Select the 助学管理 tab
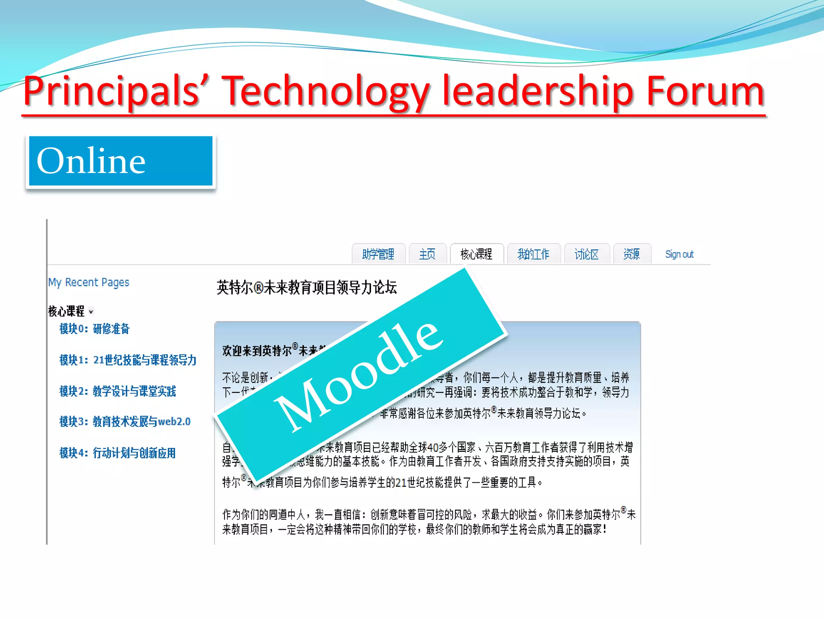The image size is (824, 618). (x=378, y=254)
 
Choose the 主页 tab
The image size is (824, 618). (x=427, y=254)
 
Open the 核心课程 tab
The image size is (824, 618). (x=476, y=254)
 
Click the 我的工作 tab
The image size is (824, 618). (x=534, y=254)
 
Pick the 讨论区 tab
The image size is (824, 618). (x=587, y=254)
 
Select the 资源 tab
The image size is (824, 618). (x=632, y=254)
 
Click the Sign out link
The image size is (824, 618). (x=679, y=254)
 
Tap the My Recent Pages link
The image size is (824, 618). (x=89, y=282)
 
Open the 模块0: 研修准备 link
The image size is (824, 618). (x=95, y=329)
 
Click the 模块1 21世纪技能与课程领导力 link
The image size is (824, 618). (x=128, y=360)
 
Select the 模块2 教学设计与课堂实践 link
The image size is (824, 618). (x=117, y=391)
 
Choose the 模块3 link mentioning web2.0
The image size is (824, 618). (x=125, y=422)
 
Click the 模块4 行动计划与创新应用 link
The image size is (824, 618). (x=117, y=453)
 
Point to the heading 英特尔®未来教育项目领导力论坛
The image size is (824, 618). (x=307, y=288)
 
